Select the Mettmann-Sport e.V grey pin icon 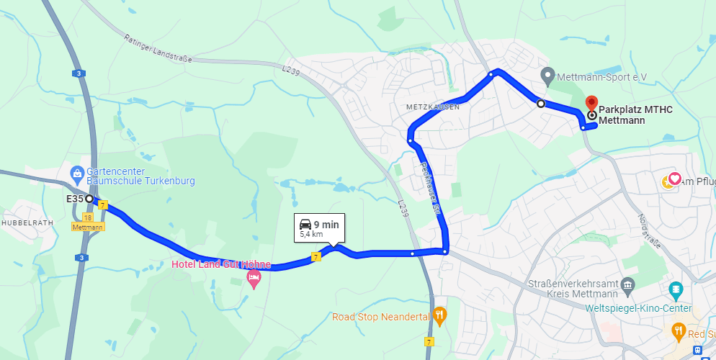coord(547,75)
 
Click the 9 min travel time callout coord(319,228)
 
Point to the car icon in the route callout coord(305,224)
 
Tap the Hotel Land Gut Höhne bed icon coord(253,277)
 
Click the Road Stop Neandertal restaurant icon coord(439,315)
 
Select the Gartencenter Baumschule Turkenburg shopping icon coord(77,173)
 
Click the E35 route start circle coord(89,198)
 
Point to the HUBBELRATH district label coord(27,222)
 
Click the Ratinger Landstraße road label coord(158,49)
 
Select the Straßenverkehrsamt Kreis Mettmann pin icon coord(627,286)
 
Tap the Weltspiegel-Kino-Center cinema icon coord(676,291)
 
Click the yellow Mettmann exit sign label coord(88,226)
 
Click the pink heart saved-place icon coord(675,179)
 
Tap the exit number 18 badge coord(88,217)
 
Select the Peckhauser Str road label coord(430,187)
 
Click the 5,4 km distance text coord(311,235)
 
